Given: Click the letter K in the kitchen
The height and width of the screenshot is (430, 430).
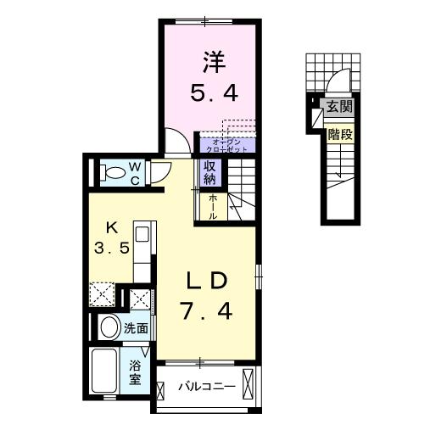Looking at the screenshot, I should point(111,227).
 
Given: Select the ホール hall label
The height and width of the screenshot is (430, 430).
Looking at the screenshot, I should point(211,207).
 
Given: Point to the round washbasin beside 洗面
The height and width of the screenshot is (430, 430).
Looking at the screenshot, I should point(109,327).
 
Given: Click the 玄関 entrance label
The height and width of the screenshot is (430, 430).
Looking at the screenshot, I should point(341,108).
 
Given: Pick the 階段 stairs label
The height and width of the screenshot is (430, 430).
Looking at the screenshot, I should point(340,133).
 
